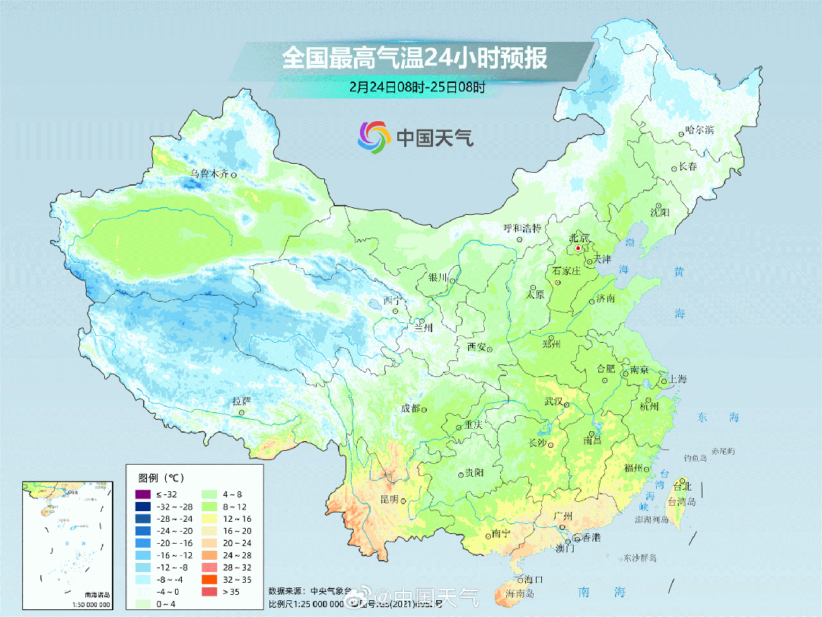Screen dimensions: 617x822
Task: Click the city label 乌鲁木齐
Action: pos(209,174)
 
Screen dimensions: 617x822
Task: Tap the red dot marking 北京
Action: pos(578,248)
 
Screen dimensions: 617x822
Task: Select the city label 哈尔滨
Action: pos(699,130)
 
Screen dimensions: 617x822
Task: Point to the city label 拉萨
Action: pos(241,401)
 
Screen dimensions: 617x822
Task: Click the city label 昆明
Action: pos(389,500)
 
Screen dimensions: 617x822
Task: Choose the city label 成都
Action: pos(410,408)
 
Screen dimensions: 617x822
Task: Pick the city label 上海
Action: pos(677,379)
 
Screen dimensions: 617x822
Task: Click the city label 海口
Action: pos(534,580)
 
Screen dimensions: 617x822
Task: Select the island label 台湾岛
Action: pos(681,501)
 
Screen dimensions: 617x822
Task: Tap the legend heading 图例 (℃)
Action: pos(161,478)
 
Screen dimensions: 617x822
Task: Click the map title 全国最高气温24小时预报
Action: pos(415,58)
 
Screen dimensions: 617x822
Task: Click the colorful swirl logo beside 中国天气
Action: pos(374,137)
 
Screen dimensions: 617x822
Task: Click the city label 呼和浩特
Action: pos(522,228)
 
